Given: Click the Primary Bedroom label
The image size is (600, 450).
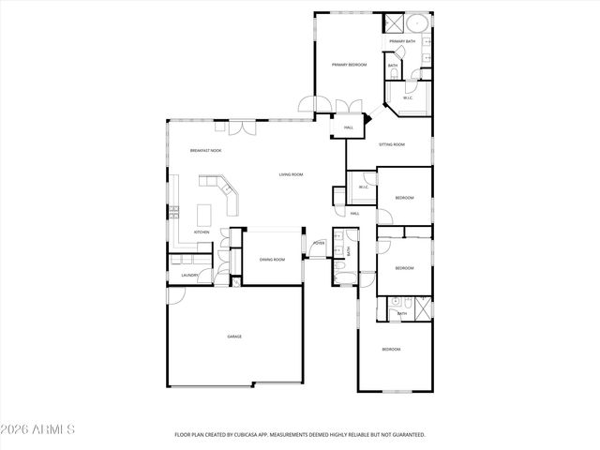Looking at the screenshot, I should (349, 65).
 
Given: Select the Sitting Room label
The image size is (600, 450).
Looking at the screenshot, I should (392, 144).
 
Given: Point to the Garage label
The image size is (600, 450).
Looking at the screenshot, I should (233, 336).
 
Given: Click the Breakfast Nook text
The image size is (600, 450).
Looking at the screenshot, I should (205, 151).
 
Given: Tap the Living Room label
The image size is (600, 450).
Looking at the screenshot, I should (291, 174).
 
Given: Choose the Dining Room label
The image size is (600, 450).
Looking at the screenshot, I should (272, 259).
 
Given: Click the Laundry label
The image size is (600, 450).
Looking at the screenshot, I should (188, 275).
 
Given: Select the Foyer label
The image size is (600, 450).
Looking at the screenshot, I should (319, 243).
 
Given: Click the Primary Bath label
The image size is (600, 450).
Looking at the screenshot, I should (403, 42).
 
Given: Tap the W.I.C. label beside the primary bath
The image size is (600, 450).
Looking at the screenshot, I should (408, 97).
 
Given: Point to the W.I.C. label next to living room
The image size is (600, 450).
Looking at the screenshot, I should (363, 187).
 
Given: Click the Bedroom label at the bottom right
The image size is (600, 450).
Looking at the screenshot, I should (391, 349).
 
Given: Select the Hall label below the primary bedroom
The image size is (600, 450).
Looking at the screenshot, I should (348, 127).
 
